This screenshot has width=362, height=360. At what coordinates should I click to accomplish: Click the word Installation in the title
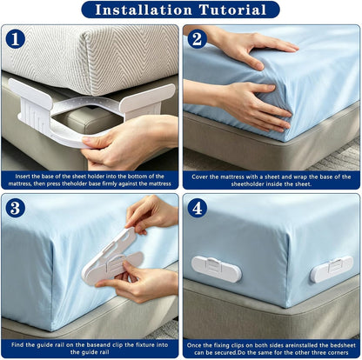(144, 10)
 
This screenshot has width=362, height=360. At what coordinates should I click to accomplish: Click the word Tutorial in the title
(232, 10)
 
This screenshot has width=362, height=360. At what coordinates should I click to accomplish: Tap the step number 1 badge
(15, 39)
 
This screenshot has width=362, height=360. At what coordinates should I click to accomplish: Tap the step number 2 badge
(197, 39)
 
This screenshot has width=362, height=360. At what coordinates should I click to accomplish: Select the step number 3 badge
(15, 208)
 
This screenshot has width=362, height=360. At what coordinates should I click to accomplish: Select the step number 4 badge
(197, 208)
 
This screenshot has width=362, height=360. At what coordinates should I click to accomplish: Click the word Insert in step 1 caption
(23, 177)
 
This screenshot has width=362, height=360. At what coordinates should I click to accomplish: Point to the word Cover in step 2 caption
(199, 177)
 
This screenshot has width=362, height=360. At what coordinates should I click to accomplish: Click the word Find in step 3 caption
(17, 345)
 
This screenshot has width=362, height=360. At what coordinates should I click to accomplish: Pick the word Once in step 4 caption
(193, 345)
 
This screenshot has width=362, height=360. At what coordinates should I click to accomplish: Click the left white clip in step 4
(216, 269)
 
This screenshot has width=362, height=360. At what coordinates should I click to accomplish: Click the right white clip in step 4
(332, 270)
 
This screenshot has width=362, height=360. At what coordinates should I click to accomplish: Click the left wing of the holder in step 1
(30, 94)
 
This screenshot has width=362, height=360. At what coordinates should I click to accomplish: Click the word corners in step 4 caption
(339, 353)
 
